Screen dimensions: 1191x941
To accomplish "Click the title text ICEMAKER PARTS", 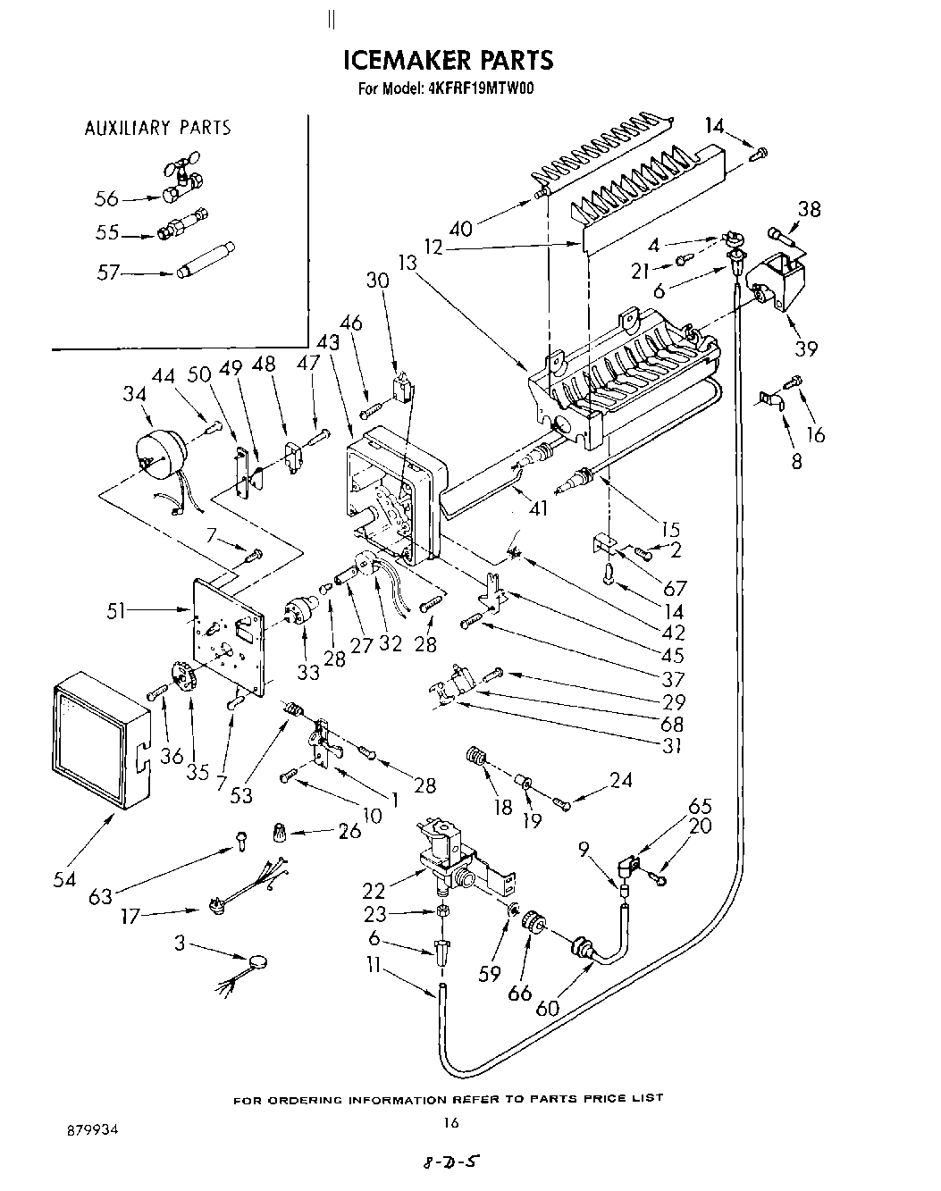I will pyautogui.click(x=449, y=60).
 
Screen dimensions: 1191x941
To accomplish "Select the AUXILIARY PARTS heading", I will pyautogui.click(x=157, y=128).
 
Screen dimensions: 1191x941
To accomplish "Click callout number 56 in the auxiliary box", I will pyautogui.click(x=107, y=198).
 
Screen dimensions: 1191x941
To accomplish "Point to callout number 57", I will pyautogui.click(x=110, y=273).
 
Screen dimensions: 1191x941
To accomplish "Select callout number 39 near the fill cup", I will pyautogui.click(x=806, y=348).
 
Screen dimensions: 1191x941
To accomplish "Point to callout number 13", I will pyautogui.click(x=408, y=263).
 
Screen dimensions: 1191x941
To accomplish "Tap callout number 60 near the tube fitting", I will pyautogui.click(x=547, y=1007).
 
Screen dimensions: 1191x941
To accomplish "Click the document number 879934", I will pyautogui.click(x=92, y=1129).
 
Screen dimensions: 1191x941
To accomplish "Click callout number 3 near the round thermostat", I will pyautogui.click(x=181, y=942).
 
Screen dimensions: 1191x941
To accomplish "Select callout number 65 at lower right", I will pyautogui.click(x=700, y=805).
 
